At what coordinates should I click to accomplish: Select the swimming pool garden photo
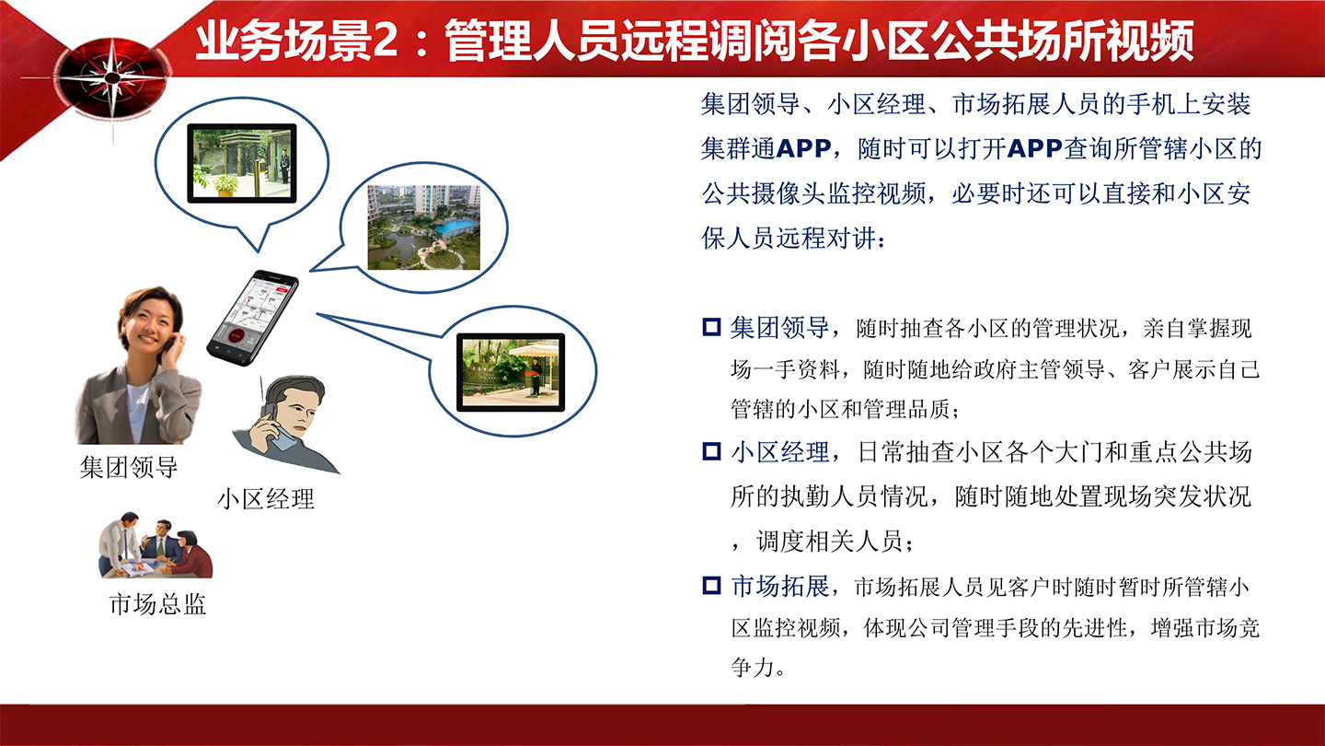423,227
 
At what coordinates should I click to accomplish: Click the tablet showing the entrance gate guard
242,163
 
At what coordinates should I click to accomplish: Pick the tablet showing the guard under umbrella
511,371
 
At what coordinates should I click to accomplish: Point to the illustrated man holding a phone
289,423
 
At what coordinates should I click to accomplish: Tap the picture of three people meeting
155,547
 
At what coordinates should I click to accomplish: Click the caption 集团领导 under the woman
129,467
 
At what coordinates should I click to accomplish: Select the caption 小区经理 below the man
265,498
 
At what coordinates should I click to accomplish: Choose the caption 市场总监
157,604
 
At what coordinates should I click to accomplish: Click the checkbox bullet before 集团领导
711,327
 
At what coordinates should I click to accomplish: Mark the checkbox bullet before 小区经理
711,451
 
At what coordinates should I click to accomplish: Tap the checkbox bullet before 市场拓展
711,585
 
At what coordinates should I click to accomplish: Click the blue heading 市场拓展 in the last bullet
780,586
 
